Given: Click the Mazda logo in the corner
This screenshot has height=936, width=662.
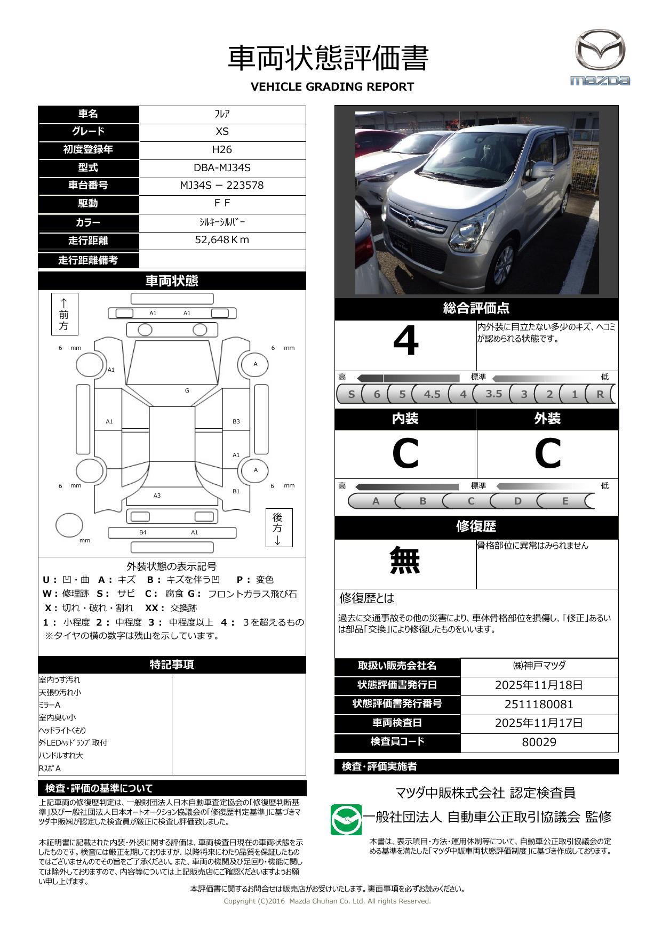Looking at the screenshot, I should click(600, 58).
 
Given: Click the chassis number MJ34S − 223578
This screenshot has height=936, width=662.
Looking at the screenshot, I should click(222, 186).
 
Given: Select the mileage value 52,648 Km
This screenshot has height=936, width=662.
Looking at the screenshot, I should click(222, 240).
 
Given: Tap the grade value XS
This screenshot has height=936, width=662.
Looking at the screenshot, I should click(222, 132).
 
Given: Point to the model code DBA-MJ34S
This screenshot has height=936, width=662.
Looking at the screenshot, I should click(222, 167).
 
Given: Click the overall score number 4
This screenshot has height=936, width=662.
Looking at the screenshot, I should click(405, 341).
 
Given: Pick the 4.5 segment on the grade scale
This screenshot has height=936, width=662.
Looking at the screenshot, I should click(432, 395).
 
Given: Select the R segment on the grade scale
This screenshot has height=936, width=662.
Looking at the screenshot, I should click(600, 395).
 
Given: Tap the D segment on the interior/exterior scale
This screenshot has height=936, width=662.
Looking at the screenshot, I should click(517, 501).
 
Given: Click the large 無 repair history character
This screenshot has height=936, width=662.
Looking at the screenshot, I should click(405, 561).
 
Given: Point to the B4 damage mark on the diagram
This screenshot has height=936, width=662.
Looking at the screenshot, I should click(143, 533).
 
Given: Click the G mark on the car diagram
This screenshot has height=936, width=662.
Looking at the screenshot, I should click(187, 391).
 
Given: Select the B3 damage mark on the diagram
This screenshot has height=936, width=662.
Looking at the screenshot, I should click(236, 422).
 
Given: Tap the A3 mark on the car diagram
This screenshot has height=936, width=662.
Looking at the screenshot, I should click(157, 496).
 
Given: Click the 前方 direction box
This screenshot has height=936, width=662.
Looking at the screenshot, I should click(65, 314).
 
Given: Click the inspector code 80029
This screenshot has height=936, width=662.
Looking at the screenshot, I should click(539, 742).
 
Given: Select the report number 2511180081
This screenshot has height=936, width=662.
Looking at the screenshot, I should click(539, 705).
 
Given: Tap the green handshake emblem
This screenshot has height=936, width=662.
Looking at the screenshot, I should click(346, 820).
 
